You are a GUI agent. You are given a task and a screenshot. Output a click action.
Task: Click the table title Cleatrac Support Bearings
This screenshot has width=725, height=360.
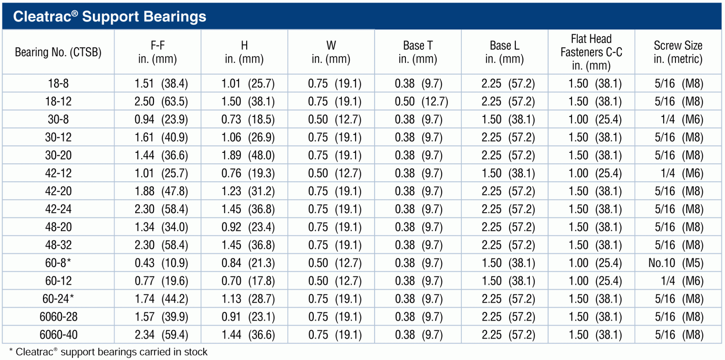point(110,16)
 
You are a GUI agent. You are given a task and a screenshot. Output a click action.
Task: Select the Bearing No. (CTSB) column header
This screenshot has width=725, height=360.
point(58,52)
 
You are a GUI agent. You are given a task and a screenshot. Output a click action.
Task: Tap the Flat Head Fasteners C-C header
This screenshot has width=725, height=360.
point(591,52)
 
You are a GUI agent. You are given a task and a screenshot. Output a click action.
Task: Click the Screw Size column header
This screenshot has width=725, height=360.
point(678,52)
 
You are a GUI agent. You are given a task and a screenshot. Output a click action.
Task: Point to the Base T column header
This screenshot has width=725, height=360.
point(418,52)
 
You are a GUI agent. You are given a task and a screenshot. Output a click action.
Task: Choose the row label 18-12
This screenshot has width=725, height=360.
point(58,102)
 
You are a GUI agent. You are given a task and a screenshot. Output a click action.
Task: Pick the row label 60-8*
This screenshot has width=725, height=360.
point(58,263)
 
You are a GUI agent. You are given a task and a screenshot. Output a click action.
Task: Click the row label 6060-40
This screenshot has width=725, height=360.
point(59,335)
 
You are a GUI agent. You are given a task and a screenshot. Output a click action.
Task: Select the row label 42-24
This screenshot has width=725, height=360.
point(58,209)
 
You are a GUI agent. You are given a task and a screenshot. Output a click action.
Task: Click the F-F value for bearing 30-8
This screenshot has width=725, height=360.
point(161,120)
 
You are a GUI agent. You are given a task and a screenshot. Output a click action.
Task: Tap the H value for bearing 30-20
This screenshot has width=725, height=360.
point(248,155)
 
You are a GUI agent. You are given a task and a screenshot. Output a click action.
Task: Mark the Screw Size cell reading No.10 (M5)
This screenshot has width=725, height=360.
point(676,263)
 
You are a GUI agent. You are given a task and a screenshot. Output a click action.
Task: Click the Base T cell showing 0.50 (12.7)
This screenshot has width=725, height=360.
point(421,102)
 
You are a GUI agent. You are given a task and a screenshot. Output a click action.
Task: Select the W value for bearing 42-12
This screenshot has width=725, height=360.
point(335,174)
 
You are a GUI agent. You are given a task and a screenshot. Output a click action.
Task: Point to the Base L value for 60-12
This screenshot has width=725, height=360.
point(508,281)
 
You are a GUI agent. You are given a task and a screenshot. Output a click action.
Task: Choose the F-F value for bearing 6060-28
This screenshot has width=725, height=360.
point(162,317)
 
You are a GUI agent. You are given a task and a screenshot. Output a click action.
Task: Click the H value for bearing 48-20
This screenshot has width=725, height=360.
point(248,227)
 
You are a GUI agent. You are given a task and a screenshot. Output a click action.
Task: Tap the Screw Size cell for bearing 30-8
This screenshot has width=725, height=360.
point(682,120)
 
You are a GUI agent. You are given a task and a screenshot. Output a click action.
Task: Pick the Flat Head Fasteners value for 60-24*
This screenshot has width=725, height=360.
point(595,299)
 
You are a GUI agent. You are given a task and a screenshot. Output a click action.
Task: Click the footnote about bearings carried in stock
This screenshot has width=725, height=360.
point(108,352)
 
